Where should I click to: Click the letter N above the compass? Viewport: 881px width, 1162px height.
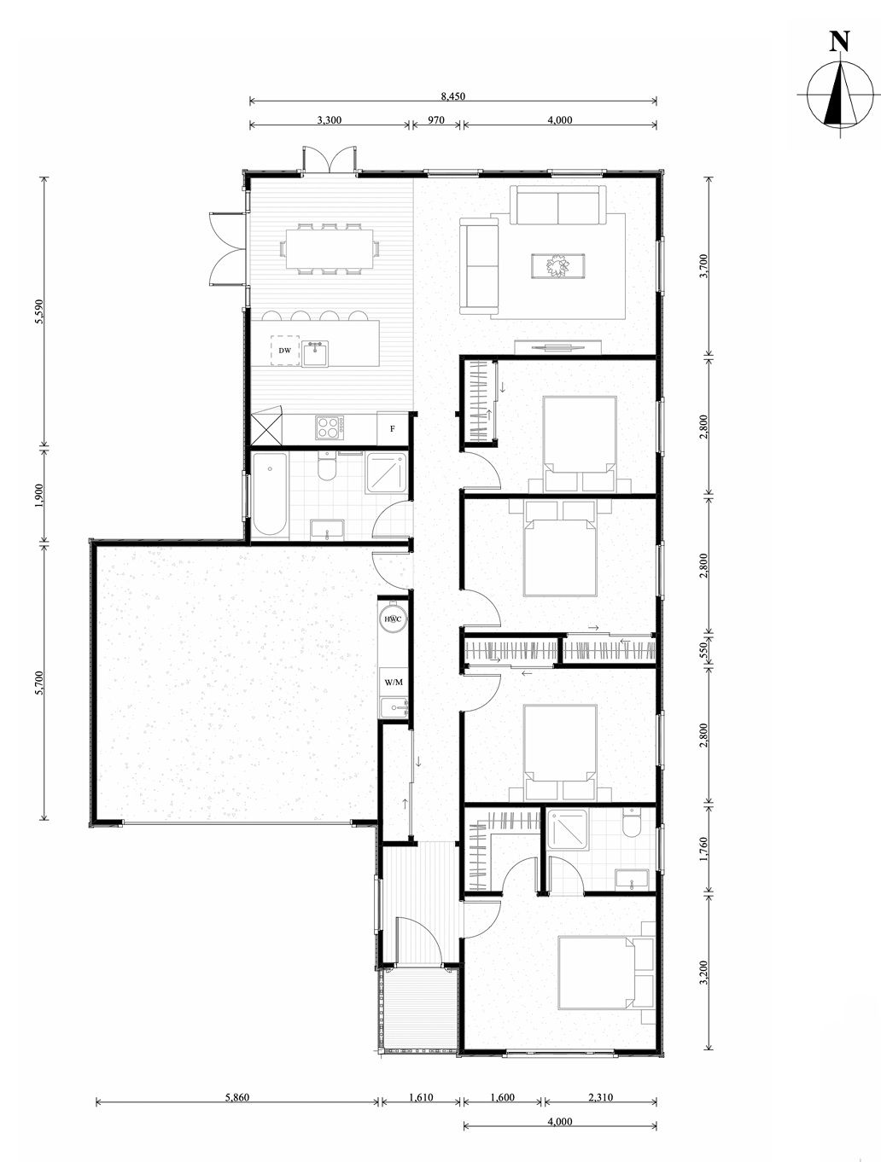click(839, 41)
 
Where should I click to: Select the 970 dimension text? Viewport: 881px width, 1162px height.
click(436, 120)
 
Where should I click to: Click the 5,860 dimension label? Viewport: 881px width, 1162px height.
click(236, 1097)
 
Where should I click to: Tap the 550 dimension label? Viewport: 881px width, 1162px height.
click(703, 651)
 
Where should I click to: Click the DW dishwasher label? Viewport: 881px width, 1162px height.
click(285, 351)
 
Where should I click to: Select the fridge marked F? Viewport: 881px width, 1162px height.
click(393, 429)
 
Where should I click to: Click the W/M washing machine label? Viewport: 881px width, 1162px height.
click(394, 683)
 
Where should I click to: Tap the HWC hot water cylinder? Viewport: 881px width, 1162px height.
click(393, 619)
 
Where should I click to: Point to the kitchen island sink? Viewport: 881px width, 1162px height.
click(315, 353)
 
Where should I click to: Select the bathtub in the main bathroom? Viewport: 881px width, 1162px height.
click(270, 495)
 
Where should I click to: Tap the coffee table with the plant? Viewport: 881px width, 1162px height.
click(558, 265)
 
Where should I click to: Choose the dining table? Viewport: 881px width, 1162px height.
click(329, 248)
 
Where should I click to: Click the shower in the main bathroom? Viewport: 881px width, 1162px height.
click(387, 474)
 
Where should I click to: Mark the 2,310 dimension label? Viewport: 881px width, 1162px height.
click(600, 1097)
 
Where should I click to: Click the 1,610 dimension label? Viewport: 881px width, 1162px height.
click(421, 1097)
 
